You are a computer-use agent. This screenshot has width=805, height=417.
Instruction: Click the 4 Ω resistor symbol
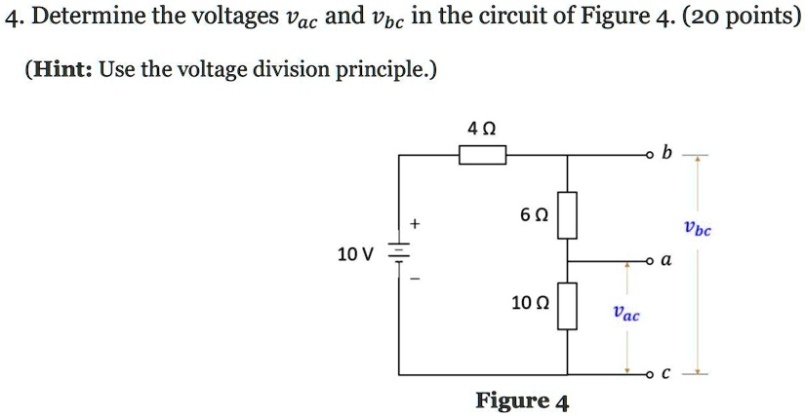482,155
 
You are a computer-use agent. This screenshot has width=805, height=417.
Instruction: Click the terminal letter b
666,153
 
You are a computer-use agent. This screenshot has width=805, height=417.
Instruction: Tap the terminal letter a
665,261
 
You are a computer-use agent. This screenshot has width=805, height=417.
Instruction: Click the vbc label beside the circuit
698,230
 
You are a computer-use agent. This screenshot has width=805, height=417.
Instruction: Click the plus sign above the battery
417,225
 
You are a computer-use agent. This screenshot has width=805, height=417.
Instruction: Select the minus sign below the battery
416,280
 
